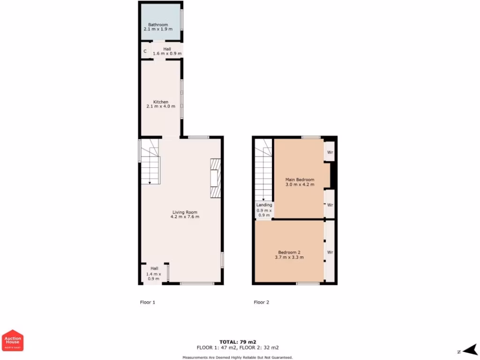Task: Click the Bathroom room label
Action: [x=158, y=24]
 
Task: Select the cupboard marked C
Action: [x=145, y=51]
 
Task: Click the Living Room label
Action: [x=185, y=212]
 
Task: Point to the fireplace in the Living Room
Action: [x=215, y=179]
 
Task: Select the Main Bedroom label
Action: [x=300, y=180]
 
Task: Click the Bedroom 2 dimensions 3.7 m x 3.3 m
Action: [x=289, y=257]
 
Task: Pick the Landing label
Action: [x=264, y=205]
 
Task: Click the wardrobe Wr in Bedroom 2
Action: [x=330, y=252]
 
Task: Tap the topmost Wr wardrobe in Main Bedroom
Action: [x=330, y=152]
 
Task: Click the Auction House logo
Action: [x=13, y=340]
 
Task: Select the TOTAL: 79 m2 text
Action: [x=238, y=342]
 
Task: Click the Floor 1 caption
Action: [x=147, y=302]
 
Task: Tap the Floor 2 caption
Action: [x=261, y=302]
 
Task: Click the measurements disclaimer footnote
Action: [x=238, y=357]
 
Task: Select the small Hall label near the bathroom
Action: [x=167, y=49]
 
